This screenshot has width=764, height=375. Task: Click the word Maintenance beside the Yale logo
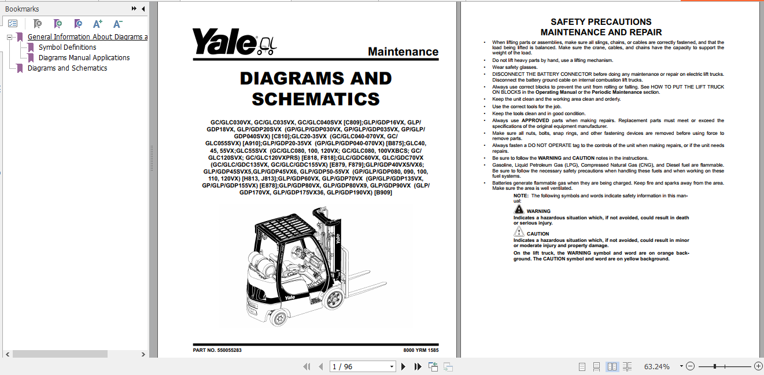click(403, 52)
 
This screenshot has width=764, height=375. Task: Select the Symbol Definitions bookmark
click(68, 47)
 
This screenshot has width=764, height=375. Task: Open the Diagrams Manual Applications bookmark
click(84, 58)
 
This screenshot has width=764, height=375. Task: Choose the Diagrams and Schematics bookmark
click(67, 68)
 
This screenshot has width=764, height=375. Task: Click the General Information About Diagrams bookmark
click(87, 37)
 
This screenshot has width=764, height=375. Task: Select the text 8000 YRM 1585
click(420, 350)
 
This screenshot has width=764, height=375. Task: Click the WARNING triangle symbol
click(519, 208)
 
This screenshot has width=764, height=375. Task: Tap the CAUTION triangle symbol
click(519, 231)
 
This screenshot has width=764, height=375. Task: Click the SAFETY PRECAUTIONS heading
click(601, 22)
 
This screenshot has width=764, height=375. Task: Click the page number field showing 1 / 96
click(363, 366)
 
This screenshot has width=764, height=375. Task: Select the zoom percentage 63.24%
click(656, 366)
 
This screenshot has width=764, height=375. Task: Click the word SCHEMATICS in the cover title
click(316, 99)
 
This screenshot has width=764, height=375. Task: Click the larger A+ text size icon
click(98, 24)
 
